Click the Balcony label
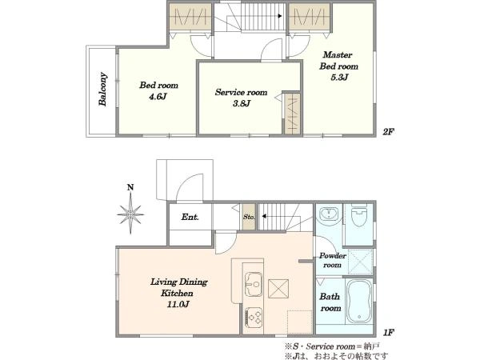tap(103, 89)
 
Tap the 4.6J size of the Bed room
tap(158, 97)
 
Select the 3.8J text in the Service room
tap(242, 103)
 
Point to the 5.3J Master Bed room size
tap(339, 77)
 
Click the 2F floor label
tap(388, 132)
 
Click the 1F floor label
tap(388, 333)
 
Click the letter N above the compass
tap(130, 187)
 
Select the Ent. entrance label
tap(190, 217)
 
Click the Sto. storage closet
tap(249, 217)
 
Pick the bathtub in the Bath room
tap(359, 302)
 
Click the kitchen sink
tap(254, 284)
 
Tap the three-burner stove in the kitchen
tap(254, 317)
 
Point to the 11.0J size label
tap(178, 305)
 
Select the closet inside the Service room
tap(291, 114)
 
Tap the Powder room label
tap(333, 260)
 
